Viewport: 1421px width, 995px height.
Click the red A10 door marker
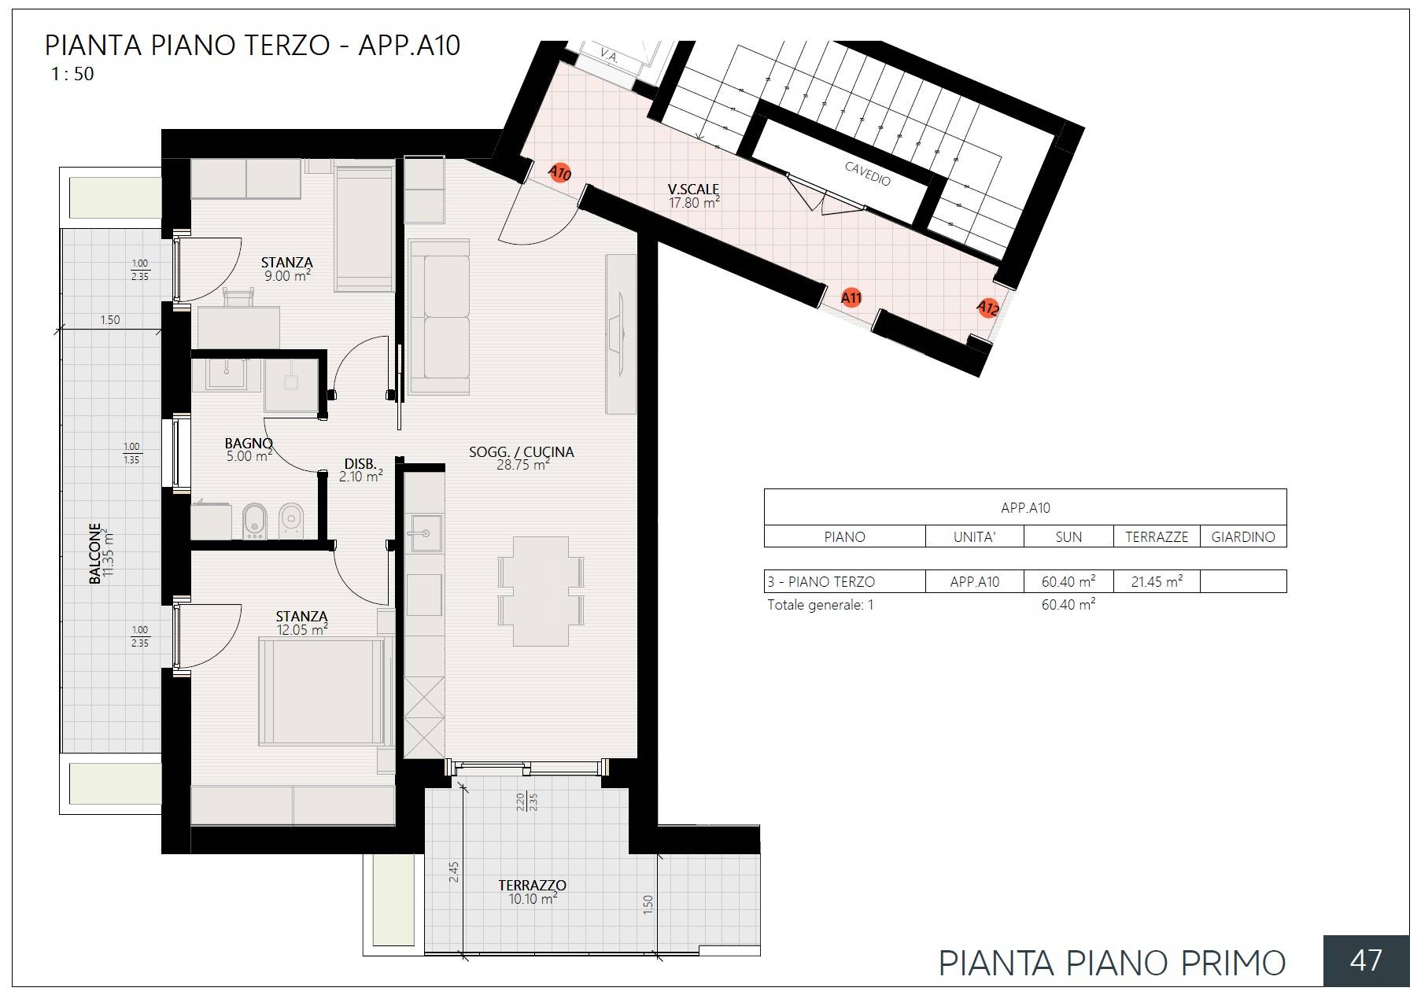(559, 173)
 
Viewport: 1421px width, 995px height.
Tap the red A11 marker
(851, 297)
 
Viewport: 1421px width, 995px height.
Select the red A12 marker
(987, 308)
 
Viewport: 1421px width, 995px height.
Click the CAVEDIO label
(867, 174)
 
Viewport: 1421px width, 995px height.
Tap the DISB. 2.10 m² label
(361, 470)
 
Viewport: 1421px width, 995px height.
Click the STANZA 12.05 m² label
(301, 623)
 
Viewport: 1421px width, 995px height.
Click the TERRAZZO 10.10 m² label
(533, 891)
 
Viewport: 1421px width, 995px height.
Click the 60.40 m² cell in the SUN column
(1068, 582)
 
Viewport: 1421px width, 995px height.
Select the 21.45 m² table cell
(1156, 582)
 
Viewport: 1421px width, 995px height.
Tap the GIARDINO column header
(1242, 537)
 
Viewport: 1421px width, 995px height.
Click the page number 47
(1366, 960)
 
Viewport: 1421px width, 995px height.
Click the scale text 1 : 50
(72, 75)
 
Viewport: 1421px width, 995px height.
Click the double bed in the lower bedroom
(323, 691)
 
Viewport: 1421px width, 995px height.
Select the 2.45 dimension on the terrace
(454, 872)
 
